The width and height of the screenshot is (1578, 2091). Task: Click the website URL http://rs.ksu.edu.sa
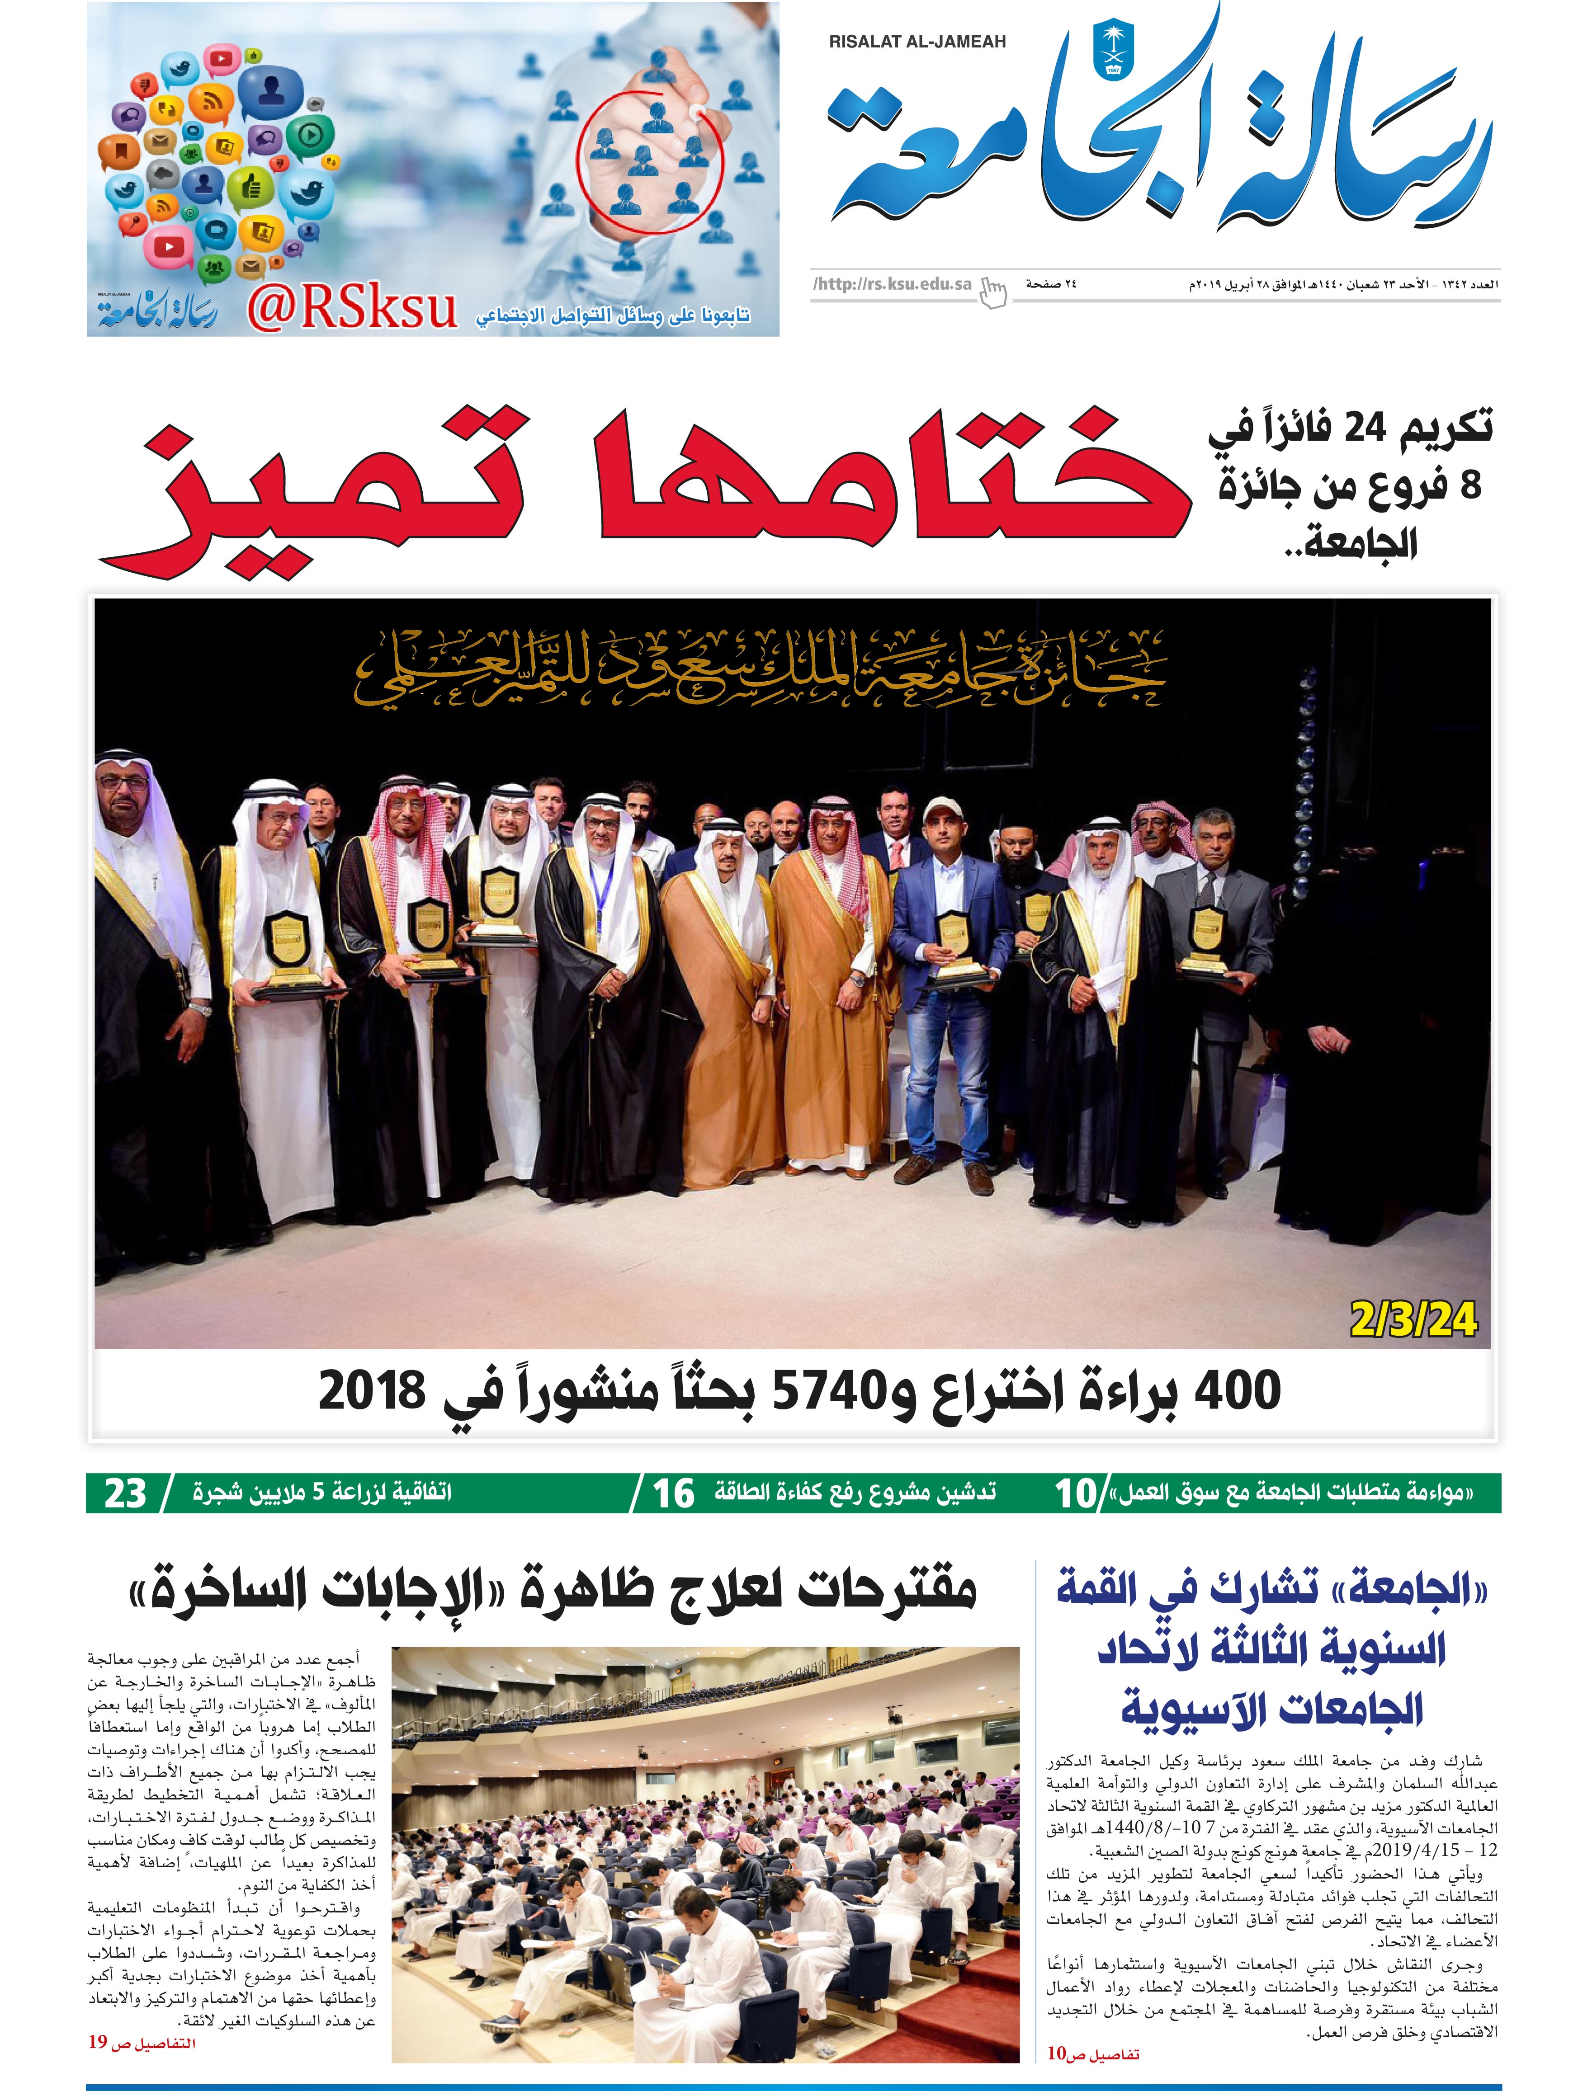[892, 283]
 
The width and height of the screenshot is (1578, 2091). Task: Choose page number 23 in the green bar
[126, 1493]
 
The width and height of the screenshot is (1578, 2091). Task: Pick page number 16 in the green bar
[673, 1493]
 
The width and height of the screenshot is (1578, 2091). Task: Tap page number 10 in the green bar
[1075, 1493]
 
